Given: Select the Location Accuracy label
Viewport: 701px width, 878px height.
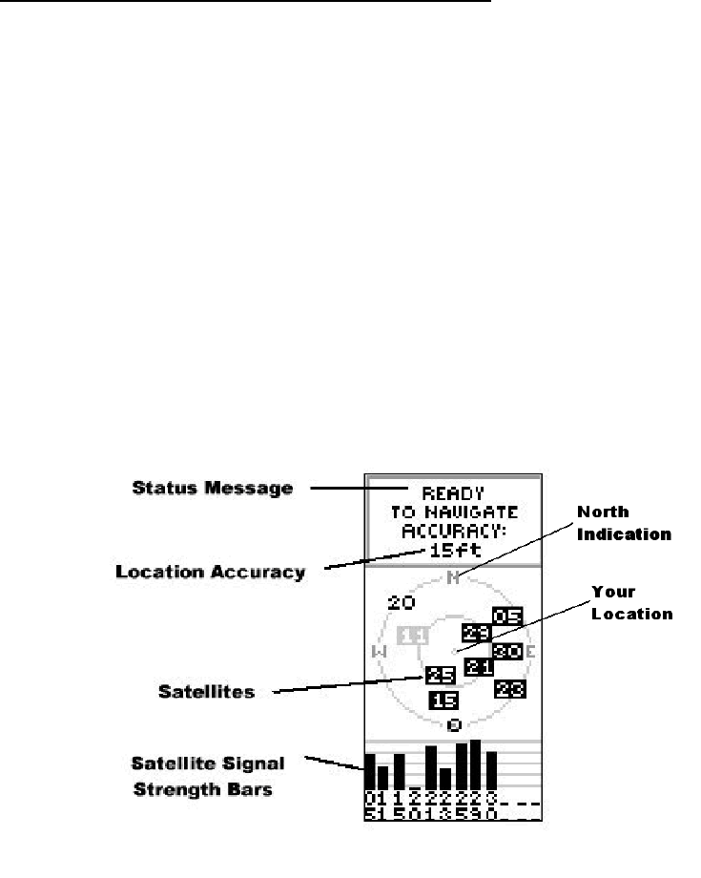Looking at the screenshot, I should point(210,573).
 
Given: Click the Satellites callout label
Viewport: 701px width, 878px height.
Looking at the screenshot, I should point(206,691).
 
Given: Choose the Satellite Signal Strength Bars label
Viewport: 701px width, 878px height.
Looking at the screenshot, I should point(216,775).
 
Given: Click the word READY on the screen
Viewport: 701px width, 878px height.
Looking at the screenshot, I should point(453,495).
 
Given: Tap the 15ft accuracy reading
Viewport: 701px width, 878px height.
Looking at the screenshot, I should point(453,552).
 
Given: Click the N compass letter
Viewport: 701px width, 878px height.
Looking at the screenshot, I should point(454,576).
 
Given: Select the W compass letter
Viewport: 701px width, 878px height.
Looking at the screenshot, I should point(378,652).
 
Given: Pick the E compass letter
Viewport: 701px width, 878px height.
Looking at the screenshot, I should point(530,652).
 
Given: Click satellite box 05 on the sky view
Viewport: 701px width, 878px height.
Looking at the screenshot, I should point(507,617).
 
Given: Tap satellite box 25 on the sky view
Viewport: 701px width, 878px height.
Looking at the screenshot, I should point(440,675).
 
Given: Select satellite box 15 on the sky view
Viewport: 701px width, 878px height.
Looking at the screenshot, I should point(443,700).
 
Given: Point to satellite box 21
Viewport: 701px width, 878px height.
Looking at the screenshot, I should point(479,667).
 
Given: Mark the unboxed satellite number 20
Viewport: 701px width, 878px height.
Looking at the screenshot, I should point(401,603).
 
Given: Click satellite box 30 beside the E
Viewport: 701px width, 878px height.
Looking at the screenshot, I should point(507,652).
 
